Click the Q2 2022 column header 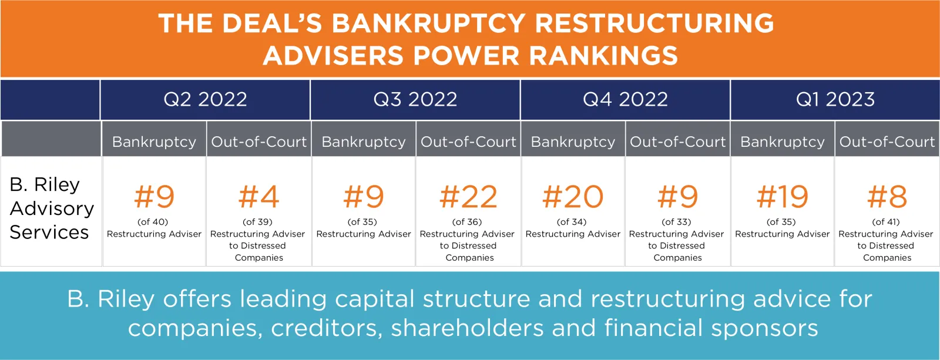(205, 99)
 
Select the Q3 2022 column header (415, 99)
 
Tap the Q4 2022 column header (625, 99)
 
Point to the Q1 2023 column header (835, 99)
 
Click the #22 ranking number (468, 197)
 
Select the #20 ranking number (573, 197)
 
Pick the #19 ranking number (782, 197)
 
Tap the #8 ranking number (887, 197)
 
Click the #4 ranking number (258, 197)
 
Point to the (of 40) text (153, 221)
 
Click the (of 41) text (886, 221)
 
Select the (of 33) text (676, 221)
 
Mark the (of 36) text (467, 221)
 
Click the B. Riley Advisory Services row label (51, 208)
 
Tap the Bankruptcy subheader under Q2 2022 (154, 142)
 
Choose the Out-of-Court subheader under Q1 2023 (887, 142)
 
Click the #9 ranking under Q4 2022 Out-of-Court (678, 197)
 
